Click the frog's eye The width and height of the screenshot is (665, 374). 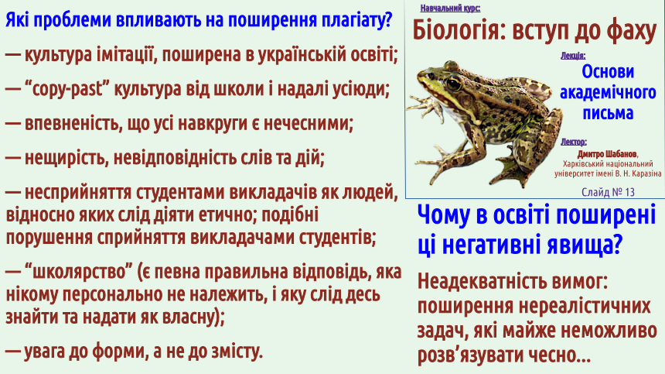tap(453, 83)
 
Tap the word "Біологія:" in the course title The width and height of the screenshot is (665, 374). tap(459, 31)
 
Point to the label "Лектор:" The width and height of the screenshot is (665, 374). tap(574, 142)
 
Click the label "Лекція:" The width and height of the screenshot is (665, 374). tap(572, 56)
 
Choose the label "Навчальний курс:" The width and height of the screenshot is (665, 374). tap(450, 8)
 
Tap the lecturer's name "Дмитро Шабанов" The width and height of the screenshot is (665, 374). tap(607, 154)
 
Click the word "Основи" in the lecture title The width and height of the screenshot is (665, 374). tap(608, 72)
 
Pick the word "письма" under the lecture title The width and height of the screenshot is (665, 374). tap(608, 112)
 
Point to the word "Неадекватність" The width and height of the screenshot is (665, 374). tap(476, 280)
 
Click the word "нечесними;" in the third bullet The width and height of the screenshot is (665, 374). tap(309, 124)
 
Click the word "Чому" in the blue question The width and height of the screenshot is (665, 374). tap(444, 215)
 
